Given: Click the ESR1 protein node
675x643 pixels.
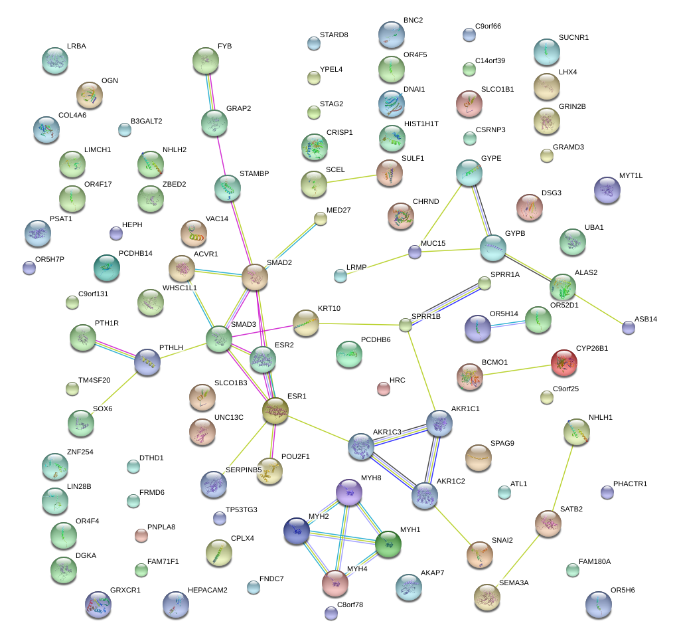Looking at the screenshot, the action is point(275,411).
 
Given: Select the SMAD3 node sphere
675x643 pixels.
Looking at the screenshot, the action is point(219,339).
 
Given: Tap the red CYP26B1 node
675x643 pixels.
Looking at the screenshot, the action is point(564,363).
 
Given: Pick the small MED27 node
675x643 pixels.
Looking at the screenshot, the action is point(321,219).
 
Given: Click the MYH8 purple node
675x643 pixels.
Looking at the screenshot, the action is point(348,492).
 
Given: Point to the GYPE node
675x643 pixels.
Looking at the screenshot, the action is point(469,173).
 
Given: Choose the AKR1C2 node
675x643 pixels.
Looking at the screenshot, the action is point(425,496).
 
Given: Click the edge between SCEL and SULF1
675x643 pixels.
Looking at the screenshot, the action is point(352,179).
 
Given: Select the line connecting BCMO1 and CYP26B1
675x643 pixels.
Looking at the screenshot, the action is point(517,370).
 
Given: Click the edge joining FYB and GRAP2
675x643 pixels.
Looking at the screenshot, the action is point(210,92).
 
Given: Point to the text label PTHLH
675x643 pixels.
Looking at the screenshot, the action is point(171,347).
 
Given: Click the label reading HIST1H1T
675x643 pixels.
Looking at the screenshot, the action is point(421,124).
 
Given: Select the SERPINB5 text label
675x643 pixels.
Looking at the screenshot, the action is point(244,470).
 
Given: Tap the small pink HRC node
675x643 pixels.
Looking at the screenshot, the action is point(384,389).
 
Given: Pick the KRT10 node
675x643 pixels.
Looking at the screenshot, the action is point(306,323).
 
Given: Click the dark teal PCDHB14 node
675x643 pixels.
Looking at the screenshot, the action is point(107,268).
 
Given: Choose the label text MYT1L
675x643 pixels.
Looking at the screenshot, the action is point(631,175).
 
